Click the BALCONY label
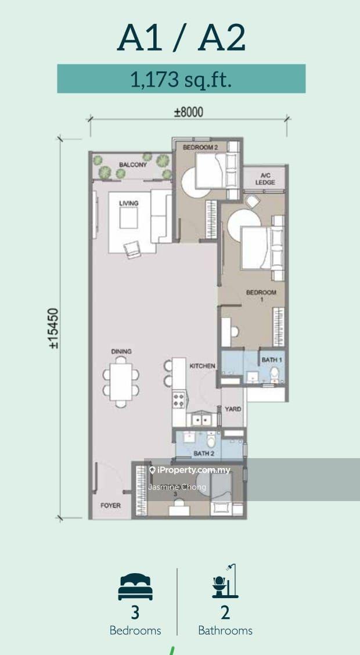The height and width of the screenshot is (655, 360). coord(133,164)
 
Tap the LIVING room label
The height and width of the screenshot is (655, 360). coord(129,203)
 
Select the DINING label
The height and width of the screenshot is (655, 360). coord(121,351)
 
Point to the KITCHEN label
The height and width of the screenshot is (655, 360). coord(203,366)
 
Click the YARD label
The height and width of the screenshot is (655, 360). coord(233,409)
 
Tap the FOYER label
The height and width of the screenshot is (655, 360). coord(111,505)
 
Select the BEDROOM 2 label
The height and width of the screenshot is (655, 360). coord(201,147)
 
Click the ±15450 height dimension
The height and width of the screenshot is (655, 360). coord(53,328)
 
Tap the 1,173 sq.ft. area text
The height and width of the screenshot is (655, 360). coord(181,79)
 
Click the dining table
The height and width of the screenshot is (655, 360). coord(121,382)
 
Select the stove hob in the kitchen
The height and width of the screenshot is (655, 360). coord(179,399)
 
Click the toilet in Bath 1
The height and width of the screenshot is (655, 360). coord(275,374)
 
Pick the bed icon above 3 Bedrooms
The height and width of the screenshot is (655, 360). coord(135,586)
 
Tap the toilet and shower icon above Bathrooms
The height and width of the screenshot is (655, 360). coord(225,581)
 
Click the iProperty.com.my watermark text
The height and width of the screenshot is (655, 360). coord(190,470)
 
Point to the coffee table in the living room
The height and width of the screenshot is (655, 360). coord(129,218)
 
